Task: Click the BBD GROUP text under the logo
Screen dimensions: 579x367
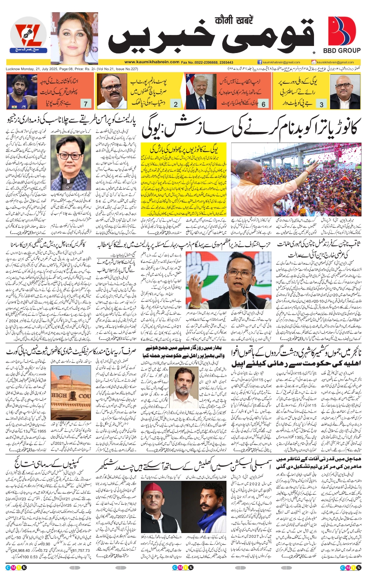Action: point(341,51)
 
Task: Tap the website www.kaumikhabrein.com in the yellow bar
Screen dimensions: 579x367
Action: point(152,62)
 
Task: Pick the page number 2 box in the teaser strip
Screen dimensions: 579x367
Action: point(176,104)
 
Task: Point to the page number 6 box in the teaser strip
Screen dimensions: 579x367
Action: point(263,104)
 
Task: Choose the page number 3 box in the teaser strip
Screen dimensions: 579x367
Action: point(321,104)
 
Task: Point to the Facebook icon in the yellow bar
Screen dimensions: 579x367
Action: point(260,62)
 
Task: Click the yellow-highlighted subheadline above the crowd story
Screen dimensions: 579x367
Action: point(184,148)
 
